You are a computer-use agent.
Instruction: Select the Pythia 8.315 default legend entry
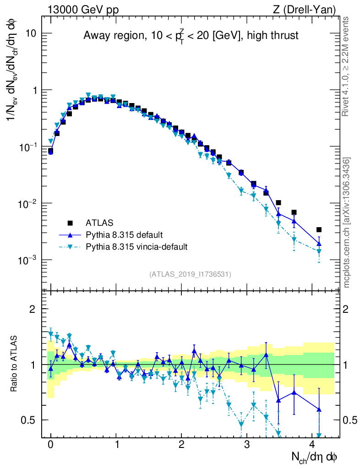click(x=124, y=235)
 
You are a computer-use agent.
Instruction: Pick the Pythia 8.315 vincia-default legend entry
click(x=136, y=247)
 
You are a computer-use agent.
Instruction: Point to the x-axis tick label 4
click(x=312, y=444)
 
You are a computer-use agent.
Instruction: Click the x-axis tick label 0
click(x=50, y=444)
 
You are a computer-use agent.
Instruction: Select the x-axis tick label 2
click(x=181, y=444)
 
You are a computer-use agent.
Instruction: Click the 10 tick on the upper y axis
click(x=30, y=34)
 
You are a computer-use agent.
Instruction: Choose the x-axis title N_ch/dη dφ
click(x=315, y=457)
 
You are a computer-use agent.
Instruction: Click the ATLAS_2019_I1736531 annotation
click(x=190, y=274)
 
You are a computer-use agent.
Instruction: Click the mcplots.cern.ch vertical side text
click(x=346, y=222)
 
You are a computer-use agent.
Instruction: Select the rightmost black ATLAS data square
click(x=319, y=230)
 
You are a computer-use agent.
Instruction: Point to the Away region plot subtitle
click(x=191, y=36)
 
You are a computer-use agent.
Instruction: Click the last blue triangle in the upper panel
click(x=319, y=243)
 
